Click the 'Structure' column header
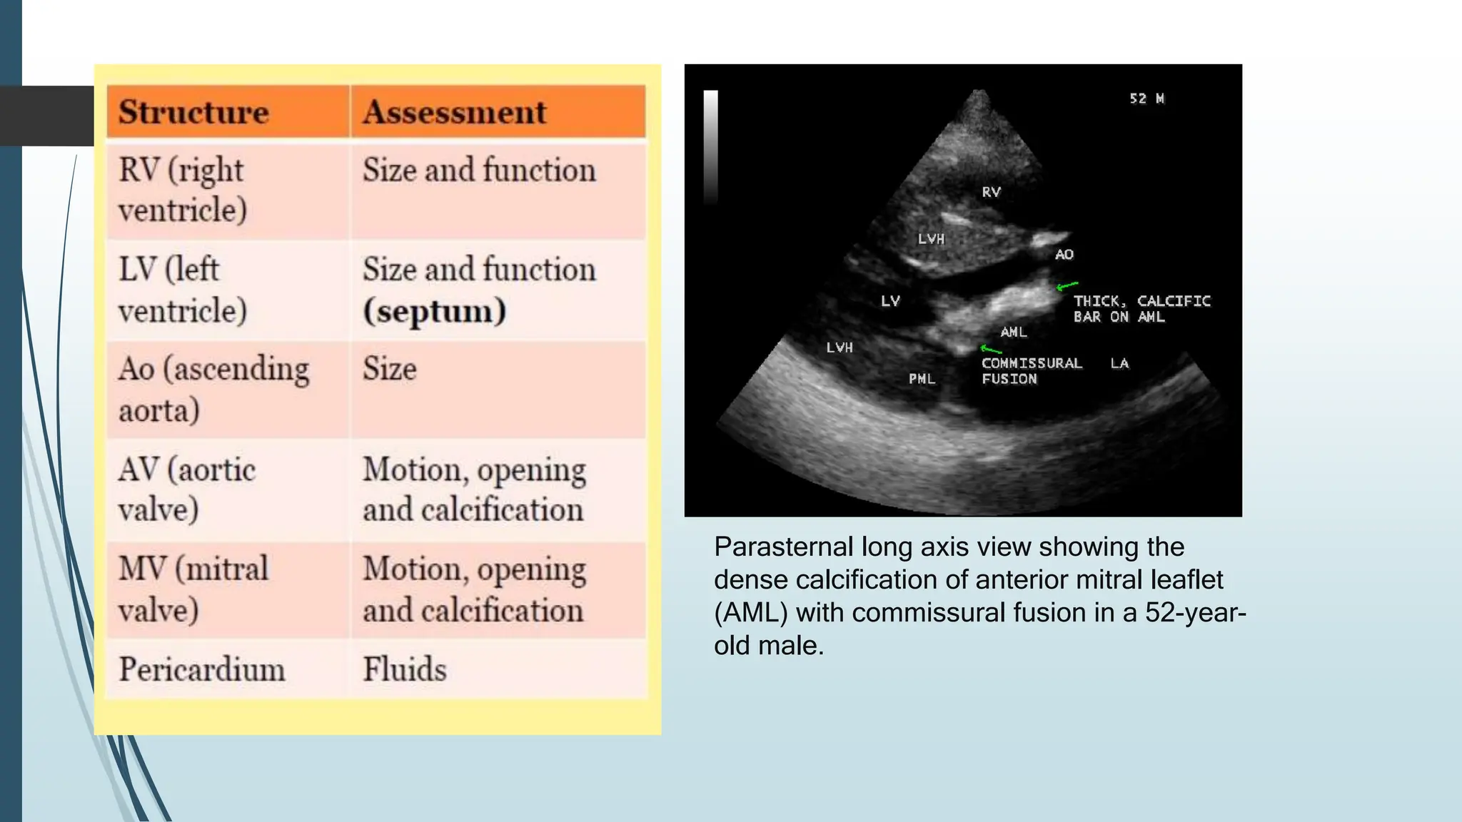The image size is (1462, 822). [x=193, y=112]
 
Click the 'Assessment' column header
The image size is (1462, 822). [x=454, y=112]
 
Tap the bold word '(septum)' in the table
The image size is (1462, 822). [x=435, y=311]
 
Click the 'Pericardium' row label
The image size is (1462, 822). [x=201, y=669]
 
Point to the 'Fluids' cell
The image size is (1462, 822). [x=404, y=669]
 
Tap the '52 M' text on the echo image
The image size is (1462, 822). [x=1146, y=98]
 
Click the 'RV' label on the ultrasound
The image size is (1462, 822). [x=991, y=192]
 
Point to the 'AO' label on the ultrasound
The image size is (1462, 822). [x=1064, y=255]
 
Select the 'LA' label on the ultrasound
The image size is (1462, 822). [x=1119, y=364]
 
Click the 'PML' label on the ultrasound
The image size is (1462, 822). [x=922, y=379]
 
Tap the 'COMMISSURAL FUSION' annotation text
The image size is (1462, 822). [x=1031, y=371]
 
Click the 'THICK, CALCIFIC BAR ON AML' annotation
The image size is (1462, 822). [x=1141, y=309]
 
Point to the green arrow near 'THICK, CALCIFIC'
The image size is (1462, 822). [x=1067, y=286]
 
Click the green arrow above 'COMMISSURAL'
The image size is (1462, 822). [x=991, y=349]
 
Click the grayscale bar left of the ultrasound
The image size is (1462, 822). [x=710, y=146]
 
